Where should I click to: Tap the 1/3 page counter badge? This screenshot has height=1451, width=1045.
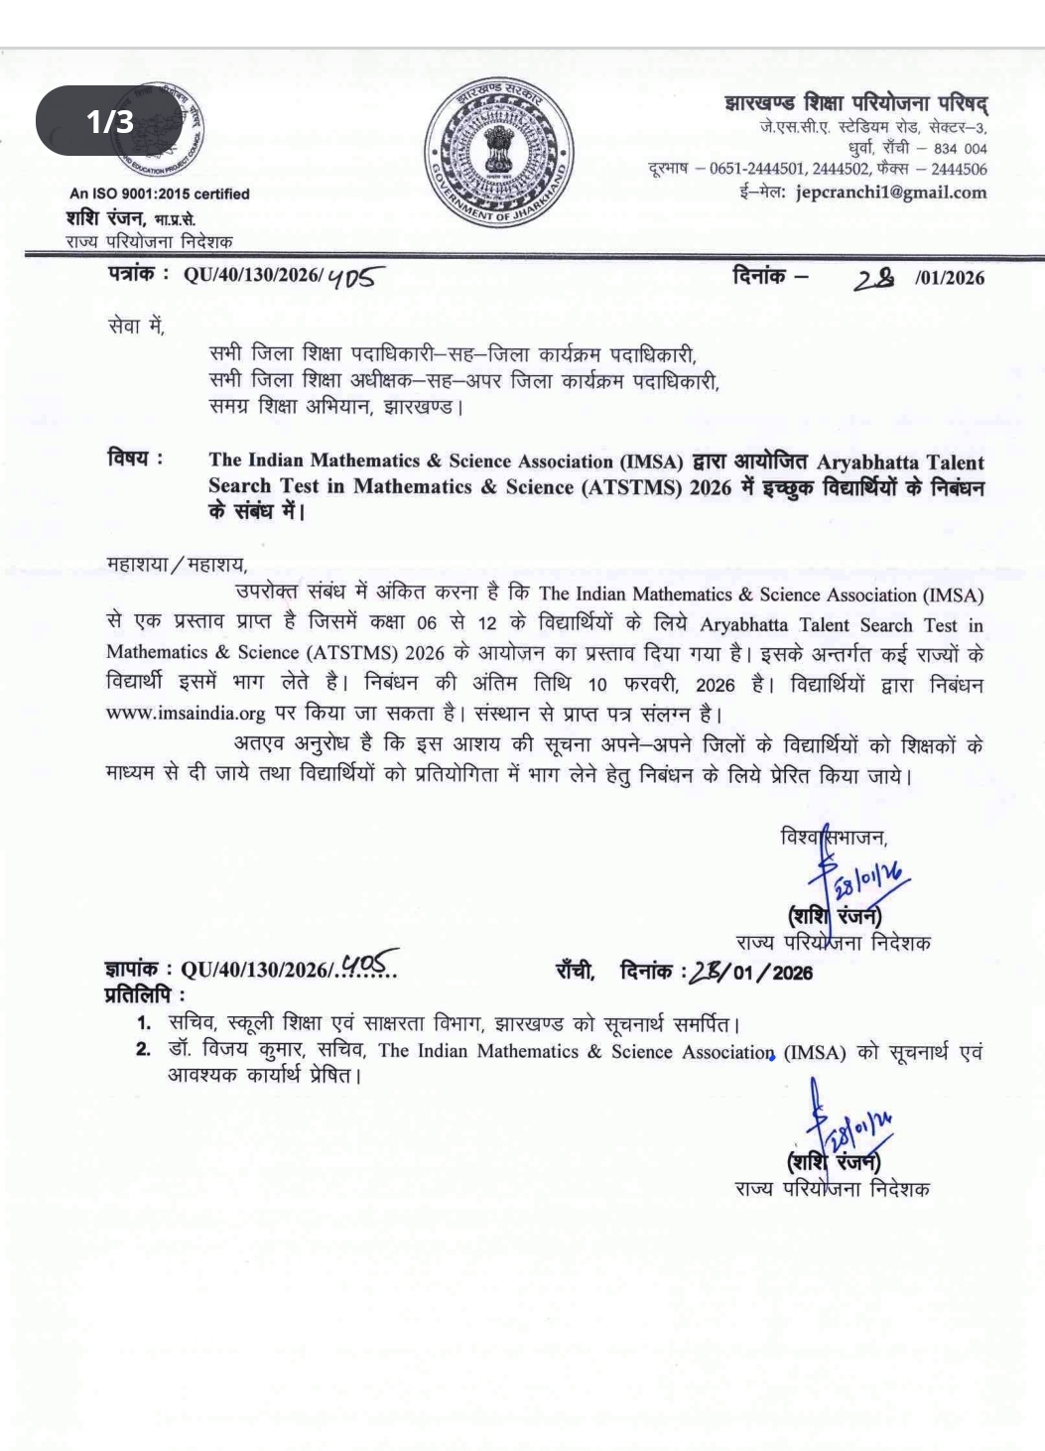[109, 121]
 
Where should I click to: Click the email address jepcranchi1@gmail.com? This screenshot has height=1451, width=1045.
[891, 193]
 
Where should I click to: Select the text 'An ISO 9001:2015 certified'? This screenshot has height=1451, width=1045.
[159, 194]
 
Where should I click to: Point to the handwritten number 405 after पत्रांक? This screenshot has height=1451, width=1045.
[354, 277]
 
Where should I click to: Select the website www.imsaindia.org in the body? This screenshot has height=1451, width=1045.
[186, 714]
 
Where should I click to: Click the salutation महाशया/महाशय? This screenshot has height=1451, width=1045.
[177, 564]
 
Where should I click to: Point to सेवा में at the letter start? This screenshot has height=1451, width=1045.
[136, 325]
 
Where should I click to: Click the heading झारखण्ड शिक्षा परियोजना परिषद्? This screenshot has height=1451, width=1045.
[855, 103]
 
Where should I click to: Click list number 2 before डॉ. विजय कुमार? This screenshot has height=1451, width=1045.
[144, 1050]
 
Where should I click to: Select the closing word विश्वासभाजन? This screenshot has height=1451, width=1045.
[834, 837]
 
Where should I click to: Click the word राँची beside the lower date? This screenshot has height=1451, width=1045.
[575, 971]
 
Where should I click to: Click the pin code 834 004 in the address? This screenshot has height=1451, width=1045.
[960, 149]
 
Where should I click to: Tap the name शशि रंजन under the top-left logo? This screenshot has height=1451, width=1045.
[106, 217]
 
